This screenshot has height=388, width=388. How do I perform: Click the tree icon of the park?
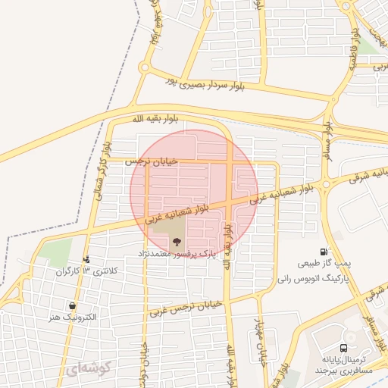pos(176,242)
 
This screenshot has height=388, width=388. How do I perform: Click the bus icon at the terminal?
pos(345,348)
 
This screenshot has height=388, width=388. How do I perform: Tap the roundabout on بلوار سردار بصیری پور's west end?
pos(144,68)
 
